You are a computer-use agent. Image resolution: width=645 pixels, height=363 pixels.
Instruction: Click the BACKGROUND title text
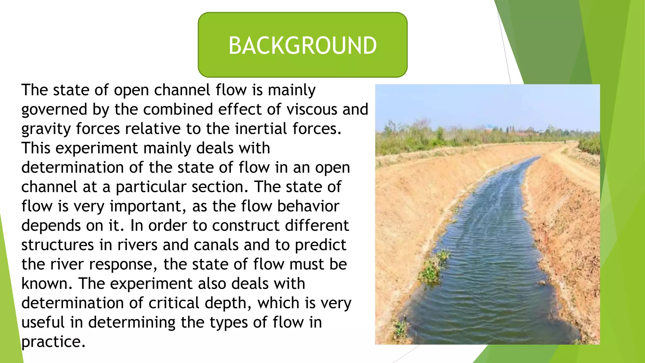point(302,45)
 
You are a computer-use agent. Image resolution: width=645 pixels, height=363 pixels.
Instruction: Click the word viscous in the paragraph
point(312,109)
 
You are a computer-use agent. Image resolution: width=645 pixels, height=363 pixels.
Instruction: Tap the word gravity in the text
point(46,129)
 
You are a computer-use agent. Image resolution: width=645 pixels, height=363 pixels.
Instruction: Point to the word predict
point(320,245)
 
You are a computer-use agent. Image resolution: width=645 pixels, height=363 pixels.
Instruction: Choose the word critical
point(174,303)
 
